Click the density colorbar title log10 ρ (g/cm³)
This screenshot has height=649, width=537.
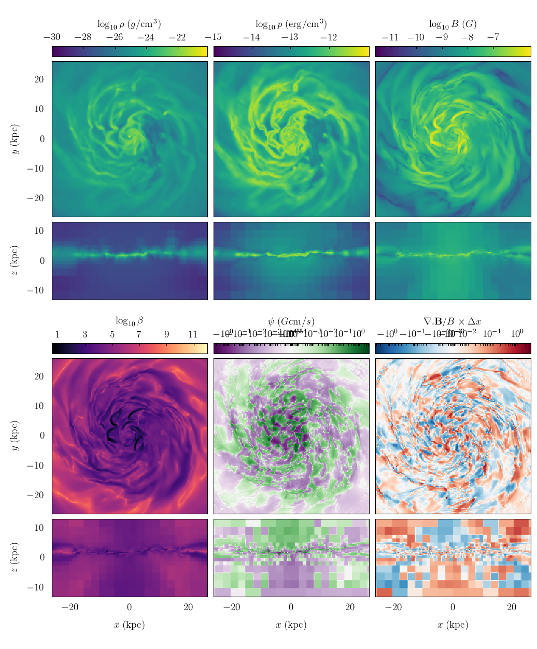coord(129,24)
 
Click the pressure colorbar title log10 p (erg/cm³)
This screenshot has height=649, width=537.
coord(291,24)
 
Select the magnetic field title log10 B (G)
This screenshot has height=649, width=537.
coord(453,24)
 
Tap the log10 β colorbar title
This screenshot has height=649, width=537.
coord(129,321)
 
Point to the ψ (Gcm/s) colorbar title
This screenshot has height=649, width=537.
coord(291,321)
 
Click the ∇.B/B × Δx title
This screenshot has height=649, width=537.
coord(453,321)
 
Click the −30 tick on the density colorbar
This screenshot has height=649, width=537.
coord(52,37)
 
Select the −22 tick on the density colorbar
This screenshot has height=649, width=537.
coord(177,37)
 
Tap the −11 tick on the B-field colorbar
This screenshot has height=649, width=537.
coord(390,37)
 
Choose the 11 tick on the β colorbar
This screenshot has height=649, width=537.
coord(193,334)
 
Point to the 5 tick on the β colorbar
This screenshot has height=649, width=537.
coord(112,334)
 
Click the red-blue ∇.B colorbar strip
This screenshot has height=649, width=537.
coord(453,348)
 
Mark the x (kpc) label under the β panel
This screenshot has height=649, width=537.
coord(129,625)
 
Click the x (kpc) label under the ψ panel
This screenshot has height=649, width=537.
coord(291,625)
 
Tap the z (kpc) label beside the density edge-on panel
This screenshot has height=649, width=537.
coord(15,261)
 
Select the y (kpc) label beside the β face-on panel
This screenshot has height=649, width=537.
coord(15,435)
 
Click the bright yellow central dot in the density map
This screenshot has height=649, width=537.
coord(130,136)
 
